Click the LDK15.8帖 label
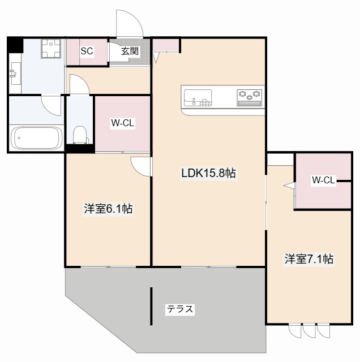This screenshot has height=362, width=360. pos(208,173)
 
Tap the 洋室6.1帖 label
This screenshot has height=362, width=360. pos(108,209)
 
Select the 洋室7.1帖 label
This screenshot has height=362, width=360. pos(308,259)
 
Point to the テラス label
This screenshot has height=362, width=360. pos(180,309)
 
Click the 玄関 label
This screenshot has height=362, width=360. pos(130,51)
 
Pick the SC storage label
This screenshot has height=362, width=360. pos(87,51)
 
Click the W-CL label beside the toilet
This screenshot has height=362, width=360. pos(122,123)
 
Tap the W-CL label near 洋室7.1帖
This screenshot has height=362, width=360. pos(323,180)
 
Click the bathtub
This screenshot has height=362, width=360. pos(37,138)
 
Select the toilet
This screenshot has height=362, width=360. pos(80,135)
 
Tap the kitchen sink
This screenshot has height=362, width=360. pos(198,98)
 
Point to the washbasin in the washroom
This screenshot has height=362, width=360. pos(16,74)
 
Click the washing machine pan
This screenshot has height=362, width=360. pos(51,49)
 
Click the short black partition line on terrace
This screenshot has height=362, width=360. pos(151,306)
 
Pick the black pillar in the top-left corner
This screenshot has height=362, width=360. pos(15,45)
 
